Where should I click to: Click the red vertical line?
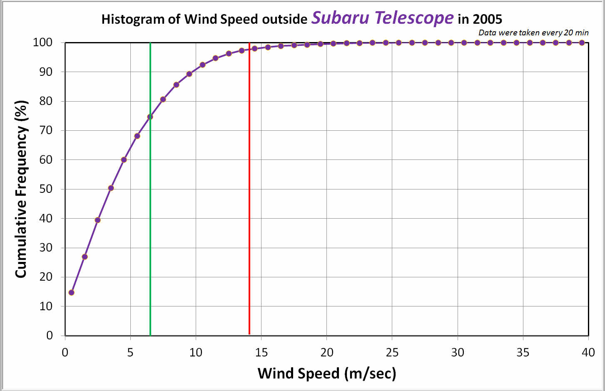[249, 208]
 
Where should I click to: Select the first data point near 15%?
[71, 292]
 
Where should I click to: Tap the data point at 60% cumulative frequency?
[124, 159]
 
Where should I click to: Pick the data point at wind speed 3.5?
[111, 188]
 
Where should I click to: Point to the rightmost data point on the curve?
[582, 42]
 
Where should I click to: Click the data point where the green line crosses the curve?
[150, 117]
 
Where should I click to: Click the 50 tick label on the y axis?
[46, 189]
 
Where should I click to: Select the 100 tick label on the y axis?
[42, 42]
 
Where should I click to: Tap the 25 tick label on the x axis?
[392, 353]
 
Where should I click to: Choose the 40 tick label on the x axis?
[588, 353]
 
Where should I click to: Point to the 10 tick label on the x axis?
[196, 353]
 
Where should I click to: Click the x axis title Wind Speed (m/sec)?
[327, 373]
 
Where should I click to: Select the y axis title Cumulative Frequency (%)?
[21, 189]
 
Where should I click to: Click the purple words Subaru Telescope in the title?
[382, 18]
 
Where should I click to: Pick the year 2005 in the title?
[487, 19]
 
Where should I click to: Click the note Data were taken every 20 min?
[533, 32]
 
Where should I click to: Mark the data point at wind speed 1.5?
[85, 257]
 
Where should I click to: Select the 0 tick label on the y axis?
[50, 336]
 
